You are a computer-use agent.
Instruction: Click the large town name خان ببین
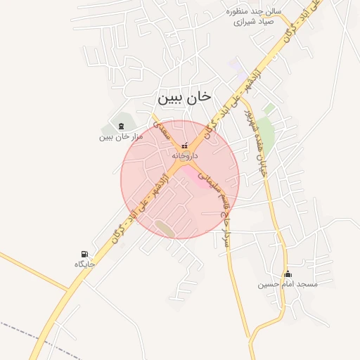(185, 98)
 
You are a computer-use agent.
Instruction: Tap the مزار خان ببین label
(121, 136)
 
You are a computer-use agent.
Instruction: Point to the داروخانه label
(186, 155)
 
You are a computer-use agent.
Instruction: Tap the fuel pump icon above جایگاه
(85, 254)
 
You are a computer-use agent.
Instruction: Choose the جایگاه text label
(84, 264)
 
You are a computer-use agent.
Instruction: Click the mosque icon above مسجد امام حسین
(287, 274)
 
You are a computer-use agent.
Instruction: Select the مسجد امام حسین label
(287, 284)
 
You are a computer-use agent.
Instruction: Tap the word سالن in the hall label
(272, 11)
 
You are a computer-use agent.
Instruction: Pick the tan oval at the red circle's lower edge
(167, 229)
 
